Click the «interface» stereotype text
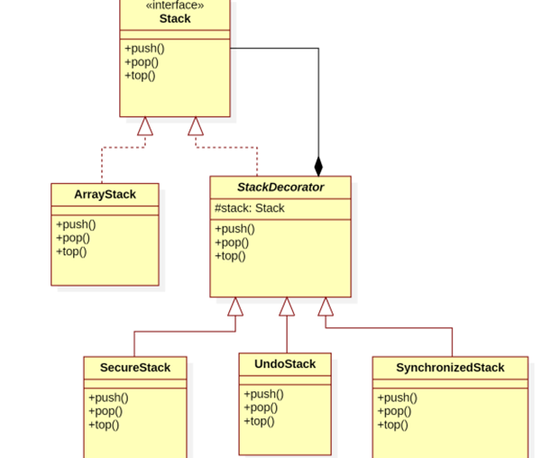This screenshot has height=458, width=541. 175,5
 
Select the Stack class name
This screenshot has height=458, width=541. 175,19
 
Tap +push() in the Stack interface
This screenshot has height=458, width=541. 144,49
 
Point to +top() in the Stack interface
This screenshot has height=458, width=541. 140,76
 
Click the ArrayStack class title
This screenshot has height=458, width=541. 105,195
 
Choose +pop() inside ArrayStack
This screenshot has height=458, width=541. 73,238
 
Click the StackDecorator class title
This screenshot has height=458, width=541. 280,188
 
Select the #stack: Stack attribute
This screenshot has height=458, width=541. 250,208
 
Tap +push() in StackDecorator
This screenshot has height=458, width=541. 234,229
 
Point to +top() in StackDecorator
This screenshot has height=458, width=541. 230,256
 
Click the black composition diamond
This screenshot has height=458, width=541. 318,167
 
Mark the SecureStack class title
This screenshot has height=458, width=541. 135,368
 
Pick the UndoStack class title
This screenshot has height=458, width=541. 285,364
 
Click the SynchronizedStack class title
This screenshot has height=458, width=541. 450,368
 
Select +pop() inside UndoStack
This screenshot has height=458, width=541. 261,408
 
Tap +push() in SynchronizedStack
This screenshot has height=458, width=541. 397,398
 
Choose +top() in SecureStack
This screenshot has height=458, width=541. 104,425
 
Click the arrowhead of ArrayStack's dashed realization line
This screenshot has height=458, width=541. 145,126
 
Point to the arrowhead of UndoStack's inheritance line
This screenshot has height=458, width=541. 287,307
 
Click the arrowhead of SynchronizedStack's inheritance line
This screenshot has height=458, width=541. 326,307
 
